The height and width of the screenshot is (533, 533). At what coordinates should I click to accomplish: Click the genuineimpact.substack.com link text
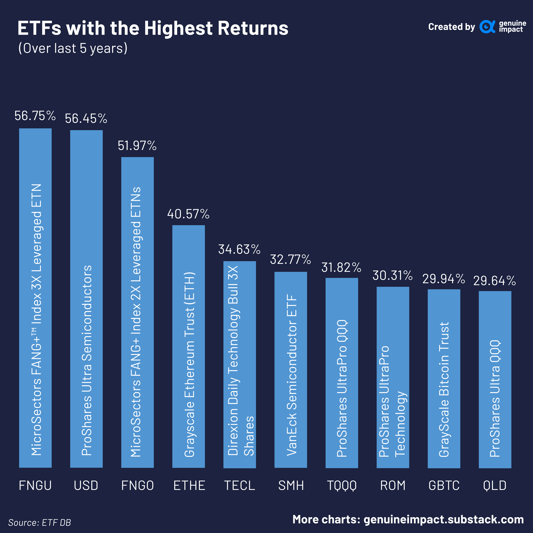click(444, 520)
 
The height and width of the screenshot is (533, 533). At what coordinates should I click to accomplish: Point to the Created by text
click(451, 27)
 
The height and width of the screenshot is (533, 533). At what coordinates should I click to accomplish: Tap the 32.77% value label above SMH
click(290, 259)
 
